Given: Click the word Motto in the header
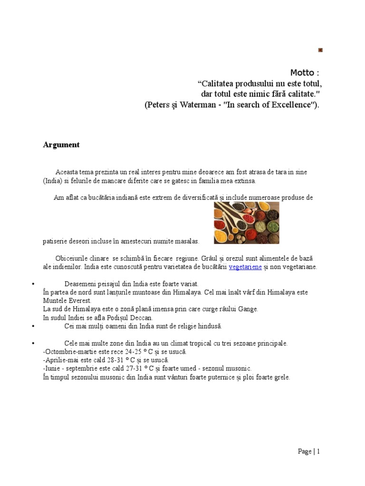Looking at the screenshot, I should (302, 73).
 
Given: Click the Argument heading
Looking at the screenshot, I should (61, 145).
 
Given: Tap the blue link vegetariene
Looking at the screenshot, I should (245, 267).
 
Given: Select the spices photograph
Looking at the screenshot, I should (246, 223).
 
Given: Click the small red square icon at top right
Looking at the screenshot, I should (320, 50).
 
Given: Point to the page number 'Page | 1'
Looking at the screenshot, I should (309, 451).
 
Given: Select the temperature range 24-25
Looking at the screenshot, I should (136, 352).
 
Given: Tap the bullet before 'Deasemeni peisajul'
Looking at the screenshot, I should (33, 284).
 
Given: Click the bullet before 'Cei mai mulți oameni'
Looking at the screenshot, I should (33, 326).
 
